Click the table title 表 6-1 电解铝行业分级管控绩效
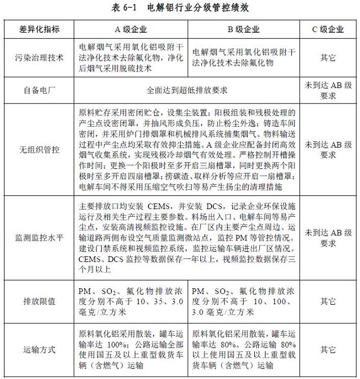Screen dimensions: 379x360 (181, 8)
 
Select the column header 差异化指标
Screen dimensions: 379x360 (39, 29)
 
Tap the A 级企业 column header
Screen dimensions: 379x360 (131, 29)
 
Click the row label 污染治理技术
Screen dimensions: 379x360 (39, 57)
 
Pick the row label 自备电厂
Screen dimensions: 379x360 (39, 89)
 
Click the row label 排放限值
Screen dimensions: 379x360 (39, 301)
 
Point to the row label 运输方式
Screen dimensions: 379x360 (39, 349)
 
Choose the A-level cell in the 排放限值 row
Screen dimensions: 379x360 (131, 301)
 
